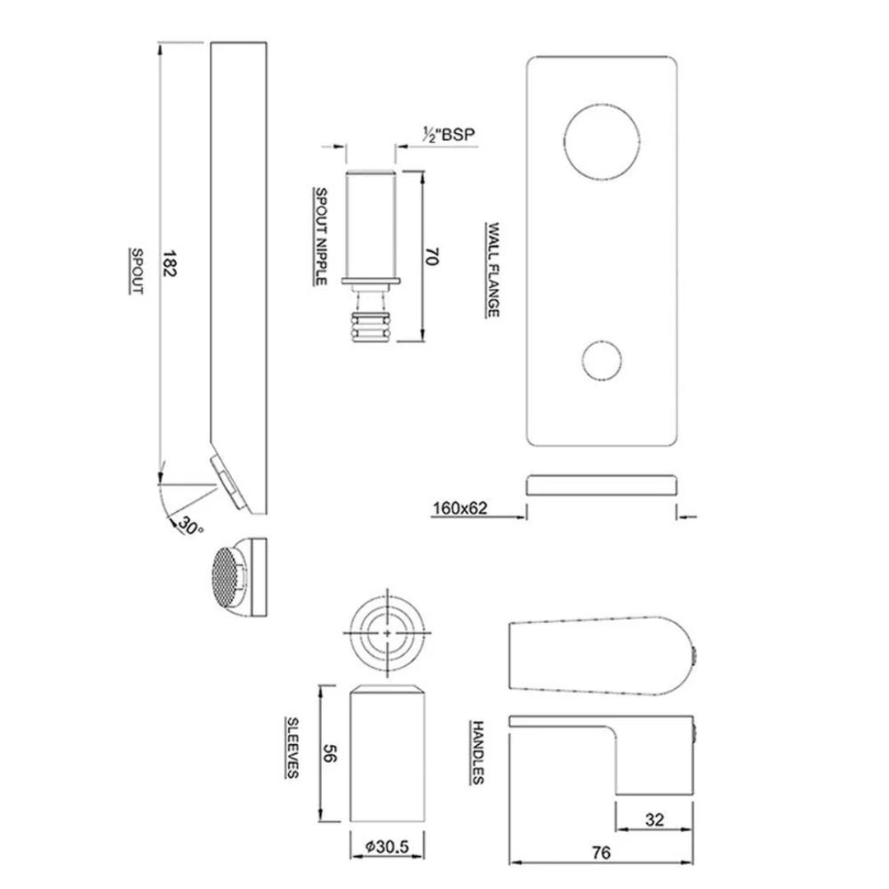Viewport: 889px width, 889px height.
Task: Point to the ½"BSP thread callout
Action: click(x=449, y=133)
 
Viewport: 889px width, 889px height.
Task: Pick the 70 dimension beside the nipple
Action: click(x=429, y=257)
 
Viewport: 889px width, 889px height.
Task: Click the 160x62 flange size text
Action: click(x=460, y=509)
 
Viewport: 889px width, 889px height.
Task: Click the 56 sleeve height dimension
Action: click(x=330, y=752)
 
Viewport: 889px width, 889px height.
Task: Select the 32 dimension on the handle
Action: click(x=654, y=820)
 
